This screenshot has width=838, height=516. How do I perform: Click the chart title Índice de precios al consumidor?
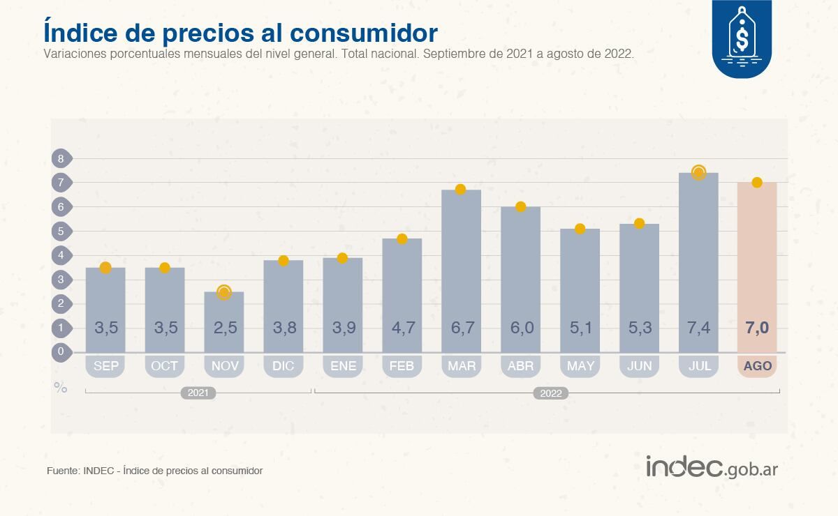(x=240, y=32)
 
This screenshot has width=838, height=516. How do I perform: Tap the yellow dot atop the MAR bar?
(x=460, y=190)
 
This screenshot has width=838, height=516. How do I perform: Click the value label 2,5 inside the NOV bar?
(x=224, y=328)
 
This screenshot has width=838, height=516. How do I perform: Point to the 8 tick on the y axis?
(x=61, y=158)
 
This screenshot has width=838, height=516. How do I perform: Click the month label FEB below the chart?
(x=402, y=366)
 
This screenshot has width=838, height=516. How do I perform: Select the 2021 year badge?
(x=198, y=393)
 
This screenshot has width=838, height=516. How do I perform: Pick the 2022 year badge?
(x=551, y=393)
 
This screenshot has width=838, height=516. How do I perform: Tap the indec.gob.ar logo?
(x=711, y=467)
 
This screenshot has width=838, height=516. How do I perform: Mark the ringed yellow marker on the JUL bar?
(x=698, y=172)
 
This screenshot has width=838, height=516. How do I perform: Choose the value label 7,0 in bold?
(x=757, y=328)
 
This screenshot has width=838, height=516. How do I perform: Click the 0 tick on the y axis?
(x=61, y=351)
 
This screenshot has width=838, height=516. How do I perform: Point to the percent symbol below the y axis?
(x=61, y=388)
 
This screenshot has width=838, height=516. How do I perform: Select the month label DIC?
(x=283, y=366)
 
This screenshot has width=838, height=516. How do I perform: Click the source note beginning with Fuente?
(x=154, y=471)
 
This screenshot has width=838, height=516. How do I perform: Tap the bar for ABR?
(x=520, y=279)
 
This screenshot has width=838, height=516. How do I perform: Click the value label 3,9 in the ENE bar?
(x=342, y=328)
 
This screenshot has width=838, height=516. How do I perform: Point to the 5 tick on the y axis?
(x=61, y=231)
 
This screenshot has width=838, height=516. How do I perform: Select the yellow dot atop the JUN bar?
(x=639, y=223)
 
